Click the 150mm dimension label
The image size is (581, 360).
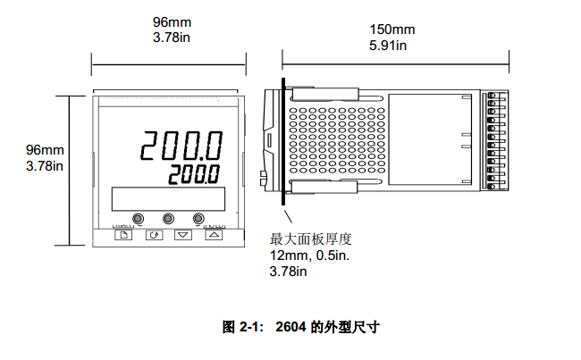(x=392, y=29)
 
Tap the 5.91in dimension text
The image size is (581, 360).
(x=388, y=46)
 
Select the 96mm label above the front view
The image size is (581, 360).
(x=172, y=21)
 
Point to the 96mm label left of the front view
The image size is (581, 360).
(x=45, y=150)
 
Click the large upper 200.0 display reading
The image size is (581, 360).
(x=181, y=146)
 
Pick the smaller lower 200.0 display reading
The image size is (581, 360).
(x=194, y=175)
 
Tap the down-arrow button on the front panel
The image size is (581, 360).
(x=183, y=235)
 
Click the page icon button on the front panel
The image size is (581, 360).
(x=123, y=235)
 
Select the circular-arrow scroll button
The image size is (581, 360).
(x=154, y=235)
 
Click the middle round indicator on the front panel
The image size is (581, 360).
(x=168, y=218)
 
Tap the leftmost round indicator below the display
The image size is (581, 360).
(x=139, y=218)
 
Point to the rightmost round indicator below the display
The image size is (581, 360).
(x=198, y=218)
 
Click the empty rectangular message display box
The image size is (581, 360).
(x=168, y=199)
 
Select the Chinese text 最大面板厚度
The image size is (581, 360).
(x=310, y=239)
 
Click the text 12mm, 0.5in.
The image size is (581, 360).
(x=310, y=255)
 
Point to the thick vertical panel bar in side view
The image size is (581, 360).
(x=283, y=141)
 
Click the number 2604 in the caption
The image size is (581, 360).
(x=290, y=327)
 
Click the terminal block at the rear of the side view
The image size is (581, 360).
(x=494, y=140)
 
